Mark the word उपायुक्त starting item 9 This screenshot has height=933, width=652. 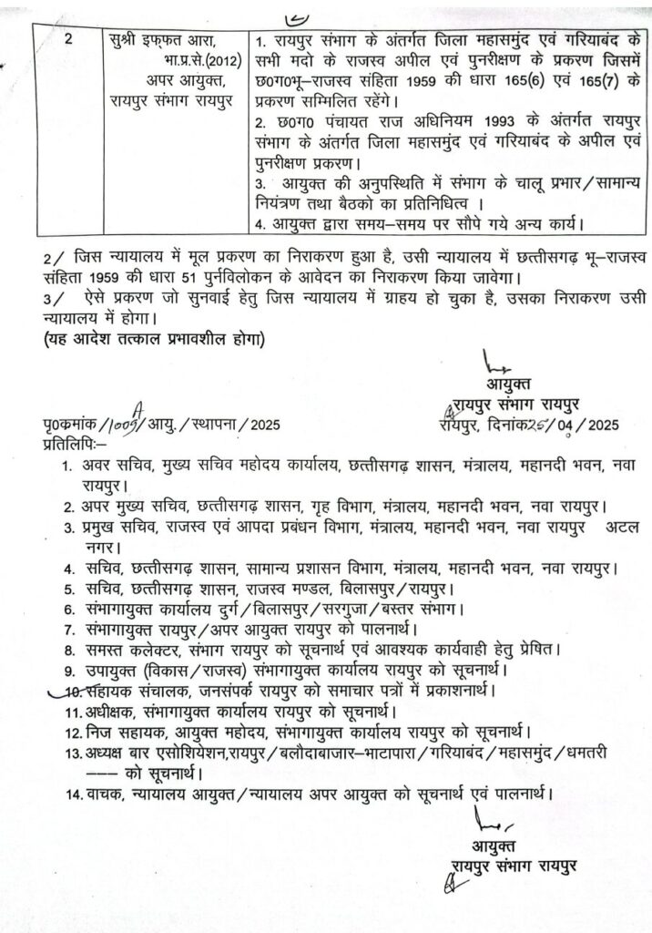[x=115, y=671]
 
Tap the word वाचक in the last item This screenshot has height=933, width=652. [x=107, y=795]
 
